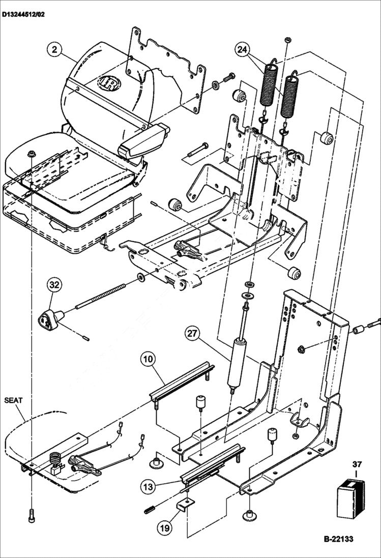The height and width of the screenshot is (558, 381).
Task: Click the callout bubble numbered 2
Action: (x=54, y=49)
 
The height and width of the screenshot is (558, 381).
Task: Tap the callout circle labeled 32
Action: (x=55, y=285)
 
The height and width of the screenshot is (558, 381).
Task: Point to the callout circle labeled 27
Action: (x=192, y=334)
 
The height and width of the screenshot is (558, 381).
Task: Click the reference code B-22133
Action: (x=338, y=539)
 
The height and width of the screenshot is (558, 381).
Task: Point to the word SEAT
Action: (x=14, y=400)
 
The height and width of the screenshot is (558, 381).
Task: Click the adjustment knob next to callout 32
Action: (x=49, y=318)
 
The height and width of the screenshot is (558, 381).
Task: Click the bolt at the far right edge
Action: (x=374, y=322)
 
